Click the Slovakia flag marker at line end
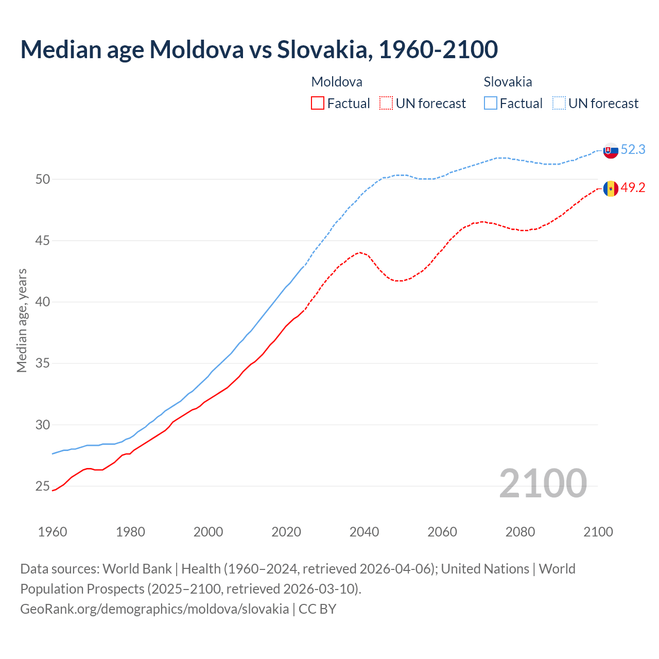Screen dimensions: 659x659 click(611, 151)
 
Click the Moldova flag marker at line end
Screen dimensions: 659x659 click(611, 189)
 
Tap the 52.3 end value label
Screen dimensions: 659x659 click(633, 150)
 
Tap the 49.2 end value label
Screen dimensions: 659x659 click(633, 188)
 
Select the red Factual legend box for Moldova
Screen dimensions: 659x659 click(318, 103)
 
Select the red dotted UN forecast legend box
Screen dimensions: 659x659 click(386, 103)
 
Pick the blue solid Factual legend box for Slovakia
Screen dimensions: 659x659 click(491, 103)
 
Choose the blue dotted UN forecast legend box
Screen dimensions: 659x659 click(559, 103)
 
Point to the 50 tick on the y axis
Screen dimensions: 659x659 click(43, 180)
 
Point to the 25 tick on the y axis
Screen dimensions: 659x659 click(43, 487)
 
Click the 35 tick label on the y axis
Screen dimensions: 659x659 click(43, 363)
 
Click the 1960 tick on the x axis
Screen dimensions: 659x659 click(53, 532)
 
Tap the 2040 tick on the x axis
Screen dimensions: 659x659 click(365, 532)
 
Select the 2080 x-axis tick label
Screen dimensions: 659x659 click(520, 532)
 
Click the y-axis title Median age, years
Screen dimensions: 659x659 click(22, 320)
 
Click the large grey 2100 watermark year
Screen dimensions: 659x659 click(543, 483)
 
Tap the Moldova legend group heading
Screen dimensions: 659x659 click(337, 82)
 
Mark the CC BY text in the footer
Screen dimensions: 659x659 click(317, 609)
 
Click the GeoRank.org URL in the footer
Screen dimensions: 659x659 click(154, 609)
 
